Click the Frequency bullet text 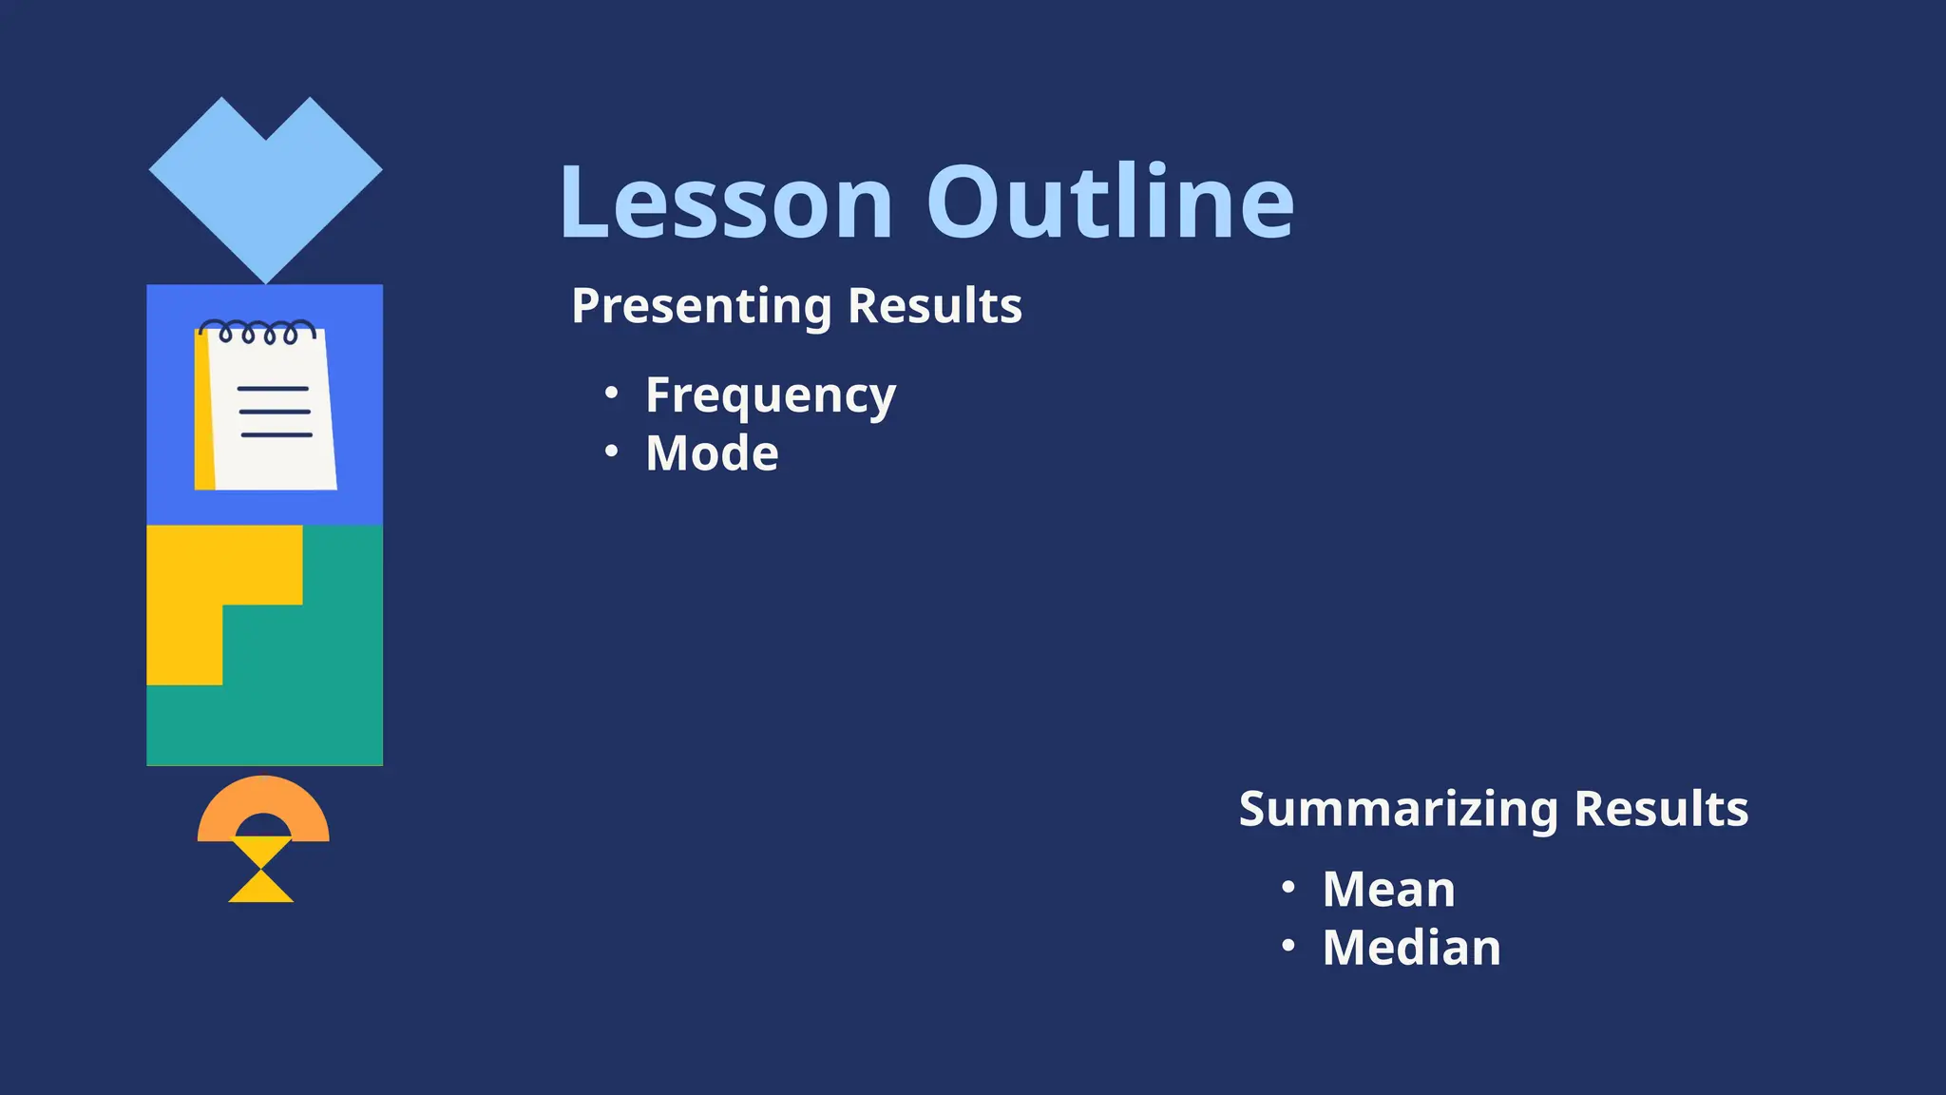[770, 395]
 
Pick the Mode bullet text [712, 453]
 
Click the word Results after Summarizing [1660, 809]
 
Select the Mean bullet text [1388, 890]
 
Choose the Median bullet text [1411, 948]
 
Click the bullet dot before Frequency [612, 393]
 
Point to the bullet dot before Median [1288, 946]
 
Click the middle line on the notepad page [275, 412]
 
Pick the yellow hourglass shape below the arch [261, 871]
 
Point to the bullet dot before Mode [612, 451]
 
